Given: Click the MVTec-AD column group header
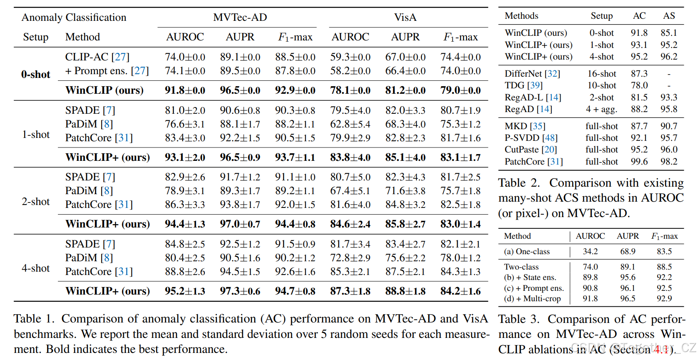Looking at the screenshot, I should pos(240,17).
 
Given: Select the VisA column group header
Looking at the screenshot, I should pos(405,17).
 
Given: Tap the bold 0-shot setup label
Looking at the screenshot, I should pos(36,75).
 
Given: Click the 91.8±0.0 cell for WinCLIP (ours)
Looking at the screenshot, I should pos(185,90).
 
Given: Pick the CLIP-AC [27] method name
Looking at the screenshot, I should pos(97,57).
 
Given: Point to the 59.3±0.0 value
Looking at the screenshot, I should pos(350,57).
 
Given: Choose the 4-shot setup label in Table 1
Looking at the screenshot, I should pos(36,268).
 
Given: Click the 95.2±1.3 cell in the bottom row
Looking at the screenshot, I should pos(185,291).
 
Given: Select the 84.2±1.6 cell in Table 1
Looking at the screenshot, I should pos(460,291).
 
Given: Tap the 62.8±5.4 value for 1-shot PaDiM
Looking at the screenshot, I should pos(350,124).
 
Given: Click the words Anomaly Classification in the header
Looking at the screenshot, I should pos(74,17).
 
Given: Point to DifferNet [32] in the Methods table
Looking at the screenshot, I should pos(532,74).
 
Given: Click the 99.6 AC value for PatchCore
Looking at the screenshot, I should pos(639,162).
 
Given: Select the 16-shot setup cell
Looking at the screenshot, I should pos(601,74).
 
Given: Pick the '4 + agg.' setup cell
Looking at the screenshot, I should pos(601,109).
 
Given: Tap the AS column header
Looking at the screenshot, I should pos(669,16).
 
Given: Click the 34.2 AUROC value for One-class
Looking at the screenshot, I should pos(590,252).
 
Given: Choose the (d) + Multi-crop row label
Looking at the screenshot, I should pos(532,299).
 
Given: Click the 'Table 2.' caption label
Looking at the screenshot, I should pos(519,183).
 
